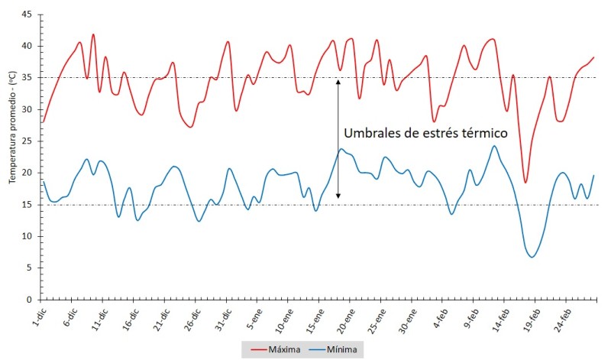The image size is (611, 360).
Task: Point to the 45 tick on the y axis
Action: pyautogui.click(x=27, y=15)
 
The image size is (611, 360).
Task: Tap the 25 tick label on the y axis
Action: pyautogui.click(x=27, y=141)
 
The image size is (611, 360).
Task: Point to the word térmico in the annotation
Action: pyautogui.click(x=483, y=133)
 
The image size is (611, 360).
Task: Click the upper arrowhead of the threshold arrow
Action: pyautogui.click(x=338, y=80)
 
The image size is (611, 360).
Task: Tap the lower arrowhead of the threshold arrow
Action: pyautogui.click(x=338, y=196)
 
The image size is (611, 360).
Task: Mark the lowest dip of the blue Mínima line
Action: pyautogui.click(x=532, y=257)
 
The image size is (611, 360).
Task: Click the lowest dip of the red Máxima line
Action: pyautogui.click(x=525, y=182)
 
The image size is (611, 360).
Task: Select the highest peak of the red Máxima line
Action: pyautogui.click(x=93, y=34)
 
